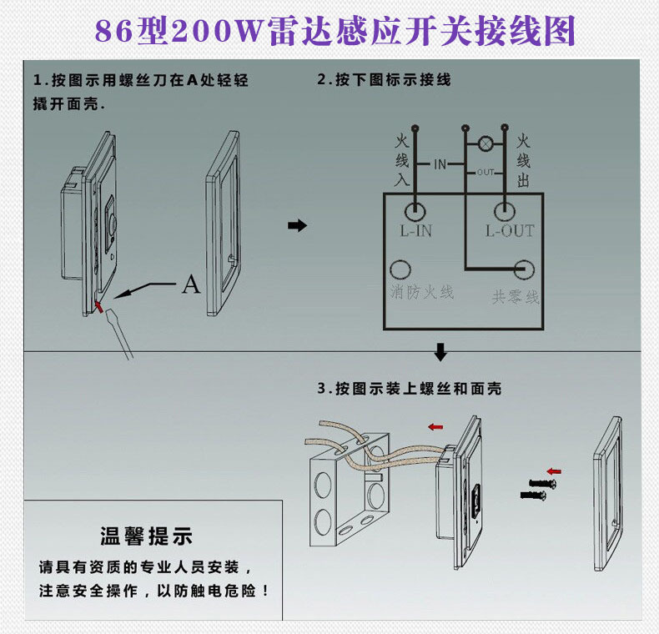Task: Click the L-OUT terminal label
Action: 510,231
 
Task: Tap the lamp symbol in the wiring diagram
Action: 485,143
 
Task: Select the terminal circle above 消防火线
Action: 402,269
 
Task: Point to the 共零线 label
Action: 516,296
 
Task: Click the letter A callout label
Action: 191,284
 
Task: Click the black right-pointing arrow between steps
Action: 297,226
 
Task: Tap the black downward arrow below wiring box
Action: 441,352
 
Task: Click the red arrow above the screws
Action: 554,471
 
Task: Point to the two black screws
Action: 536,489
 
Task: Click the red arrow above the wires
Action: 435,427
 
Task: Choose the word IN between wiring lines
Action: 440,164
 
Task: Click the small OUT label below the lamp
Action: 485,172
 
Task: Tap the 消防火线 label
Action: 422,293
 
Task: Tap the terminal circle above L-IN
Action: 415,209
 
